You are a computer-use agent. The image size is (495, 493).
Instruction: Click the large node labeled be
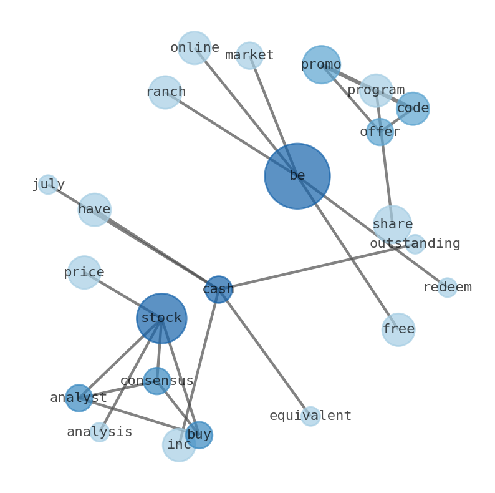click(297, 176)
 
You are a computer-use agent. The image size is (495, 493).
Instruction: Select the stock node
click(161, 318)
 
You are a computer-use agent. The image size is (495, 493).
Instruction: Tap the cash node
click(218, 290)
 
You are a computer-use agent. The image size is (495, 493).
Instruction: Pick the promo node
click(321, 64)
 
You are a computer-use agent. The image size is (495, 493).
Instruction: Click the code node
click(413, 109)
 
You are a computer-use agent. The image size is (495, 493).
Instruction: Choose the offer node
click(380, 132)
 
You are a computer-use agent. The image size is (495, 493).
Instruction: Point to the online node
click(195, 48)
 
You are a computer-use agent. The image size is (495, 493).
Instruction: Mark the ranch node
click(165, 92)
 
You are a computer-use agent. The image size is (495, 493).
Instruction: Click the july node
click(48, 185)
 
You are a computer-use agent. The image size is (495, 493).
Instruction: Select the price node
click(84, 273)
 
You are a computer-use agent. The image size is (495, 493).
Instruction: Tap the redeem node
click(447, 288)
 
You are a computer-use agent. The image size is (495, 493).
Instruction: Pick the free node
click(398, 329)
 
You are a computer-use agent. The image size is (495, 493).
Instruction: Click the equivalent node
click(310, 416)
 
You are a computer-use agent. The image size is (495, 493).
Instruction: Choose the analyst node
click(79, 398)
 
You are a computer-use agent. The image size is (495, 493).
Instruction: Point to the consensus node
click(156, 381)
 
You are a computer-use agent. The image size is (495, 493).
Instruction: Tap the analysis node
click(100, 432)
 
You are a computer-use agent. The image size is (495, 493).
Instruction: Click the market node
click(249, 56)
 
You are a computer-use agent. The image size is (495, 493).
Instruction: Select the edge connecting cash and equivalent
click(264, 353)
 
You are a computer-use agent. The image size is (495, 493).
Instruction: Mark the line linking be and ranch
click(231, 134)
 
